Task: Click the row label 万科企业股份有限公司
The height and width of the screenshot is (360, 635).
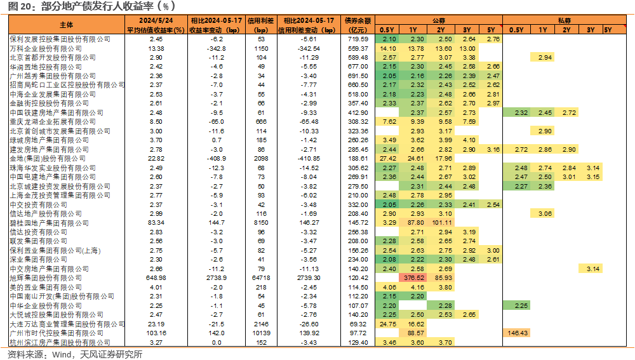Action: click(x=46, y=49)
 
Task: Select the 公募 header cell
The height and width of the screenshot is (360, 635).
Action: click(x=439, y=20)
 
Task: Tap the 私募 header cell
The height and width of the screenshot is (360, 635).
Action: click(x=564, y=20)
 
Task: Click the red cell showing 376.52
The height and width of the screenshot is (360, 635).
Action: click(x=413, y=278)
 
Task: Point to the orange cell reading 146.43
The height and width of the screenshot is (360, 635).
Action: click(x=518, y=333)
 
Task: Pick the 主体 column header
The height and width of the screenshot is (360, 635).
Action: click(x=67, y=25)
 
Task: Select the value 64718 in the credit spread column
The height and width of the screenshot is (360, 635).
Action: click(x=261, y=278)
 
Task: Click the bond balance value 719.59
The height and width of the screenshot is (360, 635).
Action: click(x=358, y=39)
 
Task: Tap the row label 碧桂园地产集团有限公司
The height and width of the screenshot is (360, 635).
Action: click(x=50, y=223)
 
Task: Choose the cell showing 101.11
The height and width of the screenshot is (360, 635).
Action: click(x=442, y=223)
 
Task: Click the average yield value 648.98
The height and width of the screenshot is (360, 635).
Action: click(x=156, y=278)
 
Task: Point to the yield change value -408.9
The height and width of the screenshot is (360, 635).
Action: click(x=217, y=158)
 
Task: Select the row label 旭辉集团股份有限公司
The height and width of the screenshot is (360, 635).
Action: click(x=46, y=278)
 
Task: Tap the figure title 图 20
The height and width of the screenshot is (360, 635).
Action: click(x=20, y=6)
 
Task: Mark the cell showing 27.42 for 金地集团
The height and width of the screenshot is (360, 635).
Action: click(x=388, y=158)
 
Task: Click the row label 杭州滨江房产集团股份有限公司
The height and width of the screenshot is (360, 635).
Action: click(x=60, y=343)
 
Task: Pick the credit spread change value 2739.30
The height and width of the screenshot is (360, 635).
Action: click(x=309, y=278)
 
